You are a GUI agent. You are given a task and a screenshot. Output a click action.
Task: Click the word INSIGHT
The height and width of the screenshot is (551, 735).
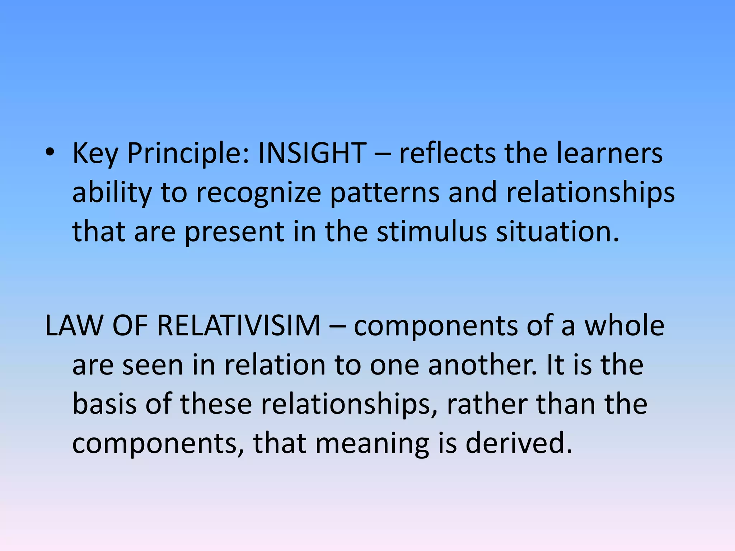[312, 154]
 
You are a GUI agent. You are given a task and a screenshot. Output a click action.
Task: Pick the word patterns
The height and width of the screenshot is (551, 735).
[385, 193]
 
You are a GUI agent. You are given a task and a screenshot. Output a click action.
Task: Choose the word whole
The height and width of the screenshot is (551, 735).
[624, 326]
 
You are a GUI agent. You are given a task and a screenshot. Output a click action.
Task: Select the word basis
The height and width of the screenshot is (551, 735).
[104, 404]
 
